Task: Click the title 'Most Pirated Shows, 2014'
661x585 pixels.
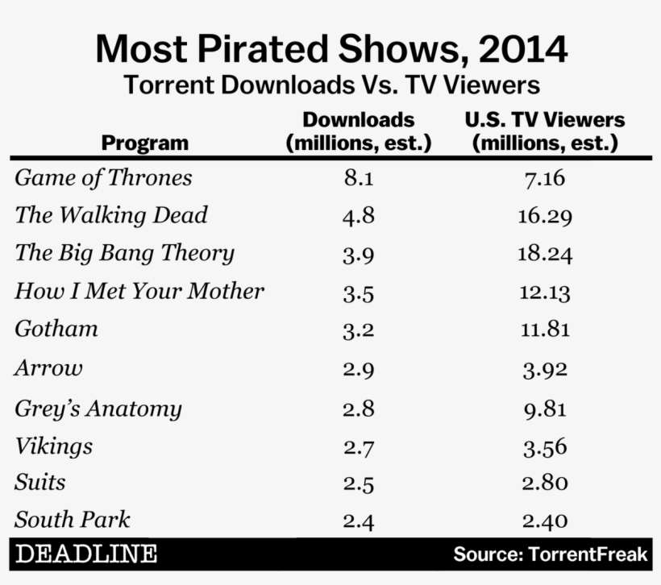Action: pos(330,50)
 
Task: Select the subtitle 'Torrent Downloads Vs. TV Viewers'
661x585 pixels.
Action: pos(330,86)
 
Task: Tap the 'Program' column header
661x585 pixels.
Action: pos(145,143)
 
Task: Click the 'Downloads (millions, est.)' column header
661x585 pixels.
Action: pos(359,132)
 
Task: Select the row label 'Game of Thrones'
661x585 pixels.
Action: pos(104,177)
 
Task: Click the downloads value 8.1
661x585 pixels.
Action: pos(359,178)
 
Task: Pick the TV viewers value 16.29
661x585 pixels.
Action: pos(545,216)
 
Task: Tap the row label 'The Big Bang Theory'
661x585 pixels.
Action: pos(125,253)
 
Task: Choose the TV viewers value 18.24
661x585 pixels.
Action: pos(545,255)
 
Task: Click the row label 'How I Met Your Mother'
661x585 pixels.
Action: pos(139,291)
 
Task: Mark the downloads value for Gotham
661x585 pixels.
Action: pos(359,330)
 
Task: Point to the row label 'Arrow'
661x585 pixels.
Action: pos(49,368)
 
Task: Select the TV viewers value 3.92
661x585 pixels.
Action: pos(545,369)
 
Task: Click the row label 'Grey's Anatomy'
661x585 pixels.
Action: pos(98,409)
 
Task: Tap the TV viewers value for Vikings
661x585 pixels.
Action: pos(545,447)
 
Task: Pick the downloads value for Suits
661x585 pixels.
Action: pos(359,484)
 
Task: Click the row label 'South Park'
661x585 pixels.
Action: pos(73,520)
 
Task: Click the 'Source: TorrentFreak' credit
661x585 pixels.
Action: pos(550,554)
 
